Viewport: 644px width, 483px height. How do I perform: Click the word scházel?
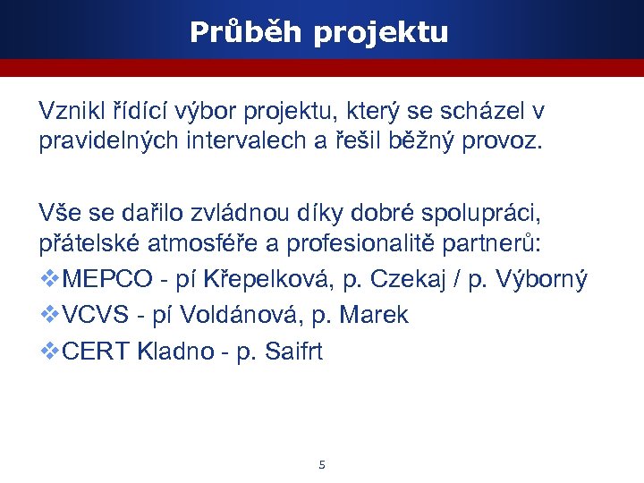[480, 112]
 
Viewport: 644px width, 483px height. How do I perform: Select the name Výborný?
[543, 280]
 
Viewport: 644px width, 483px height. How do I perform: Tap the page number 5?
[322, 464]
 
